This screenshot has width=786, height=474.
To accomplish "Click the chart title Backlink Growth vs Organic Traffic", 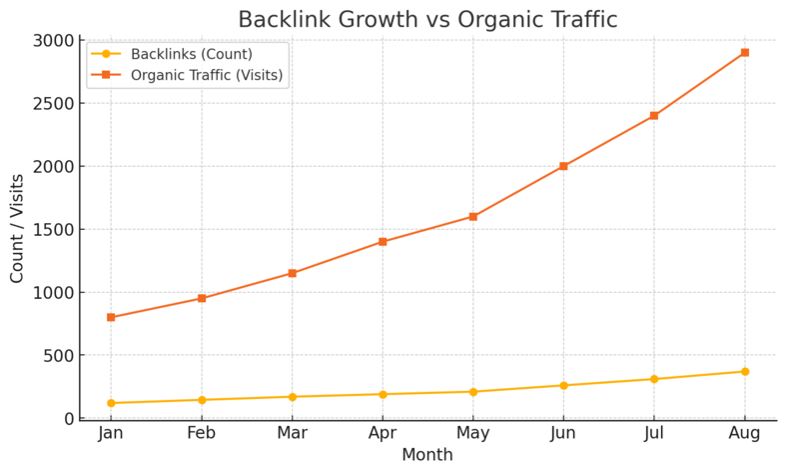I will click(427, 20).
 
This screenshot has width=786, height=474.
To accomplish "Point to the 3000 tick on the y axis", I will click(54, 41).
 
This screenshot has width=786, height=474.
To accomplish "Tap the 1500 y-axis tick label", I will click(54, 230).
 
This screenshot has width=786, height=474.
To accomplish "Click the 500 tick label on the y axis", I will click(59, 356).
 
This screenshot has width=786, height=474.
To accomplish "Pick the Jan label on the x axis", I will click(111, 434).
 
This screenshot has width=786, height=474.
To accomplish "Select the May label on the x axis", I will click(472, 434).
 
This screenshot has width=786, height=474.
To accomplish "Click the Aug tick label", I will click(744, 434).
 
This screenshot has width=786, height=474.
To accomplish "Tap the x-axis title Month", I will click(427, 455).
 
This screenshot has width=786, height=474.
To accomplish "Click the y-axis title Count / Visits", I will click(18, 228).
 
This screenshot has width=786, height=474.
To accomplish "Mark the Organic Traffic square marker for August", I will click(744, 53).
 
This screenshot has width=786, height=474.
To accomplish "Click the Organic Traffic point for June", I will click(563, 166).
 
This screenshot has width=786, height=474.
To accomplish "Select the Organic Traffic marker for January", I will click(111, 317).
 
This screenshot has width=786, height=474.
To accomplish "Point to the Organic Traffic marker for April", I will click(383, 242).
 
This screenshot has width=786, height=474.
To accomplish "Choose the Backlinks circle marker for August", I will click(744, 372).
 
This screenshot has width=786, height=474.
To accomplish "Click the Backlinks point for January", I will click(111, 403).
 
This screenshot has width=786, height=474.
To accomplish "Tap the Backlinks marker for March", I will click(292, 397).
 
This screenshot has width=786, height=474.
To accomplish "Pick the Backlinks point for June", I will click(563, 386).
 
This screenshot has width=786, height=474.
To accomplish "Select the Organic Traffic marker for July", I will click(653, 116).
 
